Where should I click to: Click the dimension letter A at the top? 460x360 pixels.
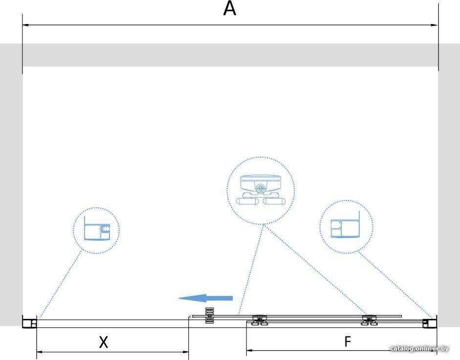[229, 9]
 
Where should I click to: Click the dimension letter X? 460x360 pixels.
[103, 342]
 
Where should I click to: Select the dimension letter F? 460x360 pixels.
[348, 341]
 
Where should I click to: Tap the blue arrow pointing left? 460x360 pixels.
[206, 298]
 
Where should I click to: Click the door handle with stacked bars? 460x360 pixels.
[209, 315]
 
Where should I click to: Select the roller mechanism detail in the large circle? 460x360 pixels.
[261, 190]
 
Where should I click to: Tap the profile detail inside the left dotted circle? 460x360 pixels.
[97, 229]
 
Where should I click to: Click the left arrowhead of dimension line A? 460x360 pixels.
[25, 25]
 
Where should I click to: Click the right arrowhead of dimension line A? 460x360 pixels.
[434, 25]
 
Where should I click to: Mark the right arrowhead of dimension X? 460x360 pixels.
[185, 352]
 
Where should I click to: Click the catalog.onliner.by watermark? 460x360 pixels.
[419, 349]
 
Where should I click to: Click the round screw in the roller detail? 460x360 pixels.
[260, 188]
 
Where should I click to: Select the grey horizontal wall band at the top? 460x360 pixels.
[230, 55]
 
